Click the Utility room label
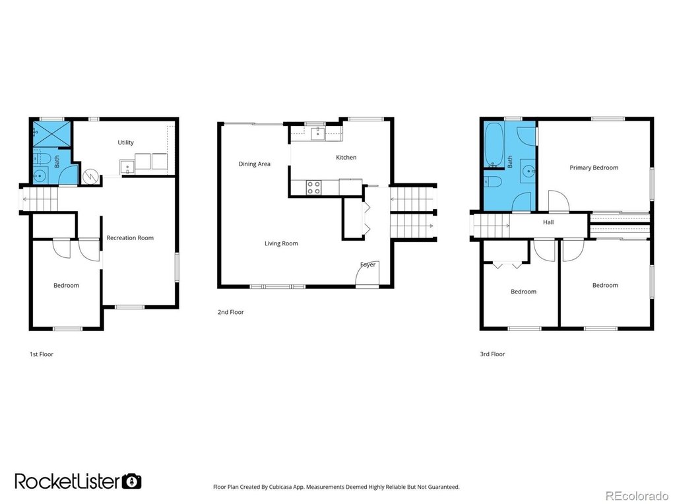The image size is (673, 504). pos(126,142)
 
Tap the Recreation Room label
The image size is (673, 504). pos(130,237)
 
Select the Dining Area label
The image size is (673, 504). pos(255,164)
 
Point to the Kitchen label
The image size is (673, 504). pos(346,157)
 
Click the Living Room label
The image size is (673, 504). pos(281,243)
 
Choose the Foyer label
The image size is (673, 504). pos(368,265)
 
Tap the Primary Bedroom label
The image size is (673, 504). pos(594,168)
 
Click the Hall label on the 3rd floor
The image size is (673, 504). pos(548,222)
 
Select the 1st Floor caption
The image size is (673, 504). pos(41,354)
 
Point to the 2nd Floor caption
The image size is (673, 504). pos(230,312)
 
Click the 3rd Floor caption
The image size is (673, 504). pos(492,354)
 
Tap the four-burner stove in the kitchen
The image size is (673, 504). pos(314,187)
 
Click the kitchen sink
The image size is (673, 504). pos(319,133)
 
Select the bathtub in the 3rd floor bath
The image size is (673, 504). pos(494,145)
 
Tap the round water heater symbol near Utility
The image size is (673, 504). pos(91,176)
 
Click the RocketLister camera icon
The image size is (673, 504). pos(132,482)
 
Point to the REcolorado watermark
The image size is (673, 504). pos(637,495)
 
